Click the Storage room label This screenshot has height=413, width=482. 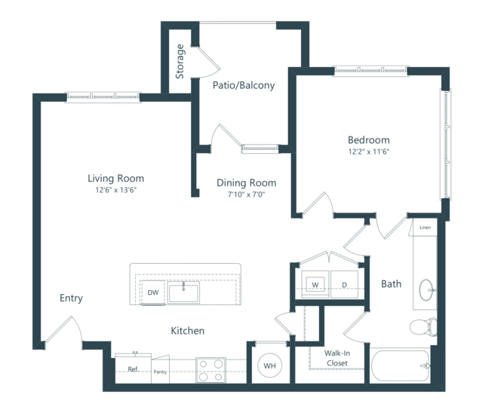click(x=180, y=61)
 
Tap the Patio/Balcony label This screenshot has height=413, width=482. click(x=244, y=85)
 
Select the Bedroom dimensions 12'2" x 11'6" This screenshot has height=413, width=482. click(x=369, y=151)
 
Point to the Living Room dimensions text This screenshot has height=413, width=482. click(x=116, y=190)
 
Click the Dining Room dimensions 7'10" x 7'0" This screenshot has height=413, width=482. click(x=246, y=194)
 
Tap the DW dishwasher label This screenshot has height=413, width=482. click(x=153, y=292)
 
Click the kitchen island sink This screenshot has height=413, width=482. click(x=183, y=292)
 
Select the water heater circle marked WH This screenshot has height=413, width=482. click(x=269, y=366)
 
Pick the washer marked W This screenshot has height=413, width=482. click(x=315, y=284)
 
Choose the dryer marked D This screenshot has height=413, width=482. click(x=344, y=284)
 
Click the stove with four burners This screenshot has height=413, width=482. click(x=211, y=370)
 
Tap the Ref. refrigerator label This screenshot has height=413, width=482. click(x=134, y=369)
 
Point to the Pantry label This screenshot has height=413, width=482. click(x=160, y=372)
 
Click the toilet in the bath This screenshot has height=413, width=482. click(x=423, y=327)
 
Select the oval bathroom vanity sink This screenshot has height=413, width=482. click(x=426, y=290)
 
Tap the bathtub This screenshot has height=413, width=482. click(x=400, y=366)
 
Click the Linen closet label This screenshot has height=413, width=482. click(x=425, y=228)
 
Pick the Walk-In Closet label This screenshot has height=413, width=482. click(x=337, y=358)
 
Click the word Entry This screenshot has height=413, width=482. click(x=71, y=298)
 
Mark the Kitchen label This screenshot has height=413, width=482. click(x=188, y=331)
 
